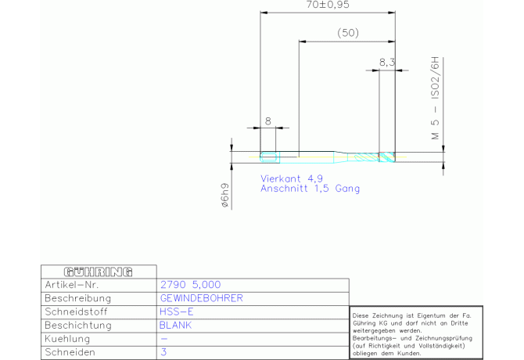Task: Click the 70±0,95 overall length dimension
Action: [x=328, y=5]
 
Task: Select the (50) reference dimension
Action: [x=348, y=33]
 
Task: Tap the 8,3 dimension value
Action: [x=387, y=62]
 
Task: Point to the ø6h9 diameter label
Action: [x=225, y=195]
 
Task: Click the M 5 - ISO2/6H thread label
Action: [x=435, y=98]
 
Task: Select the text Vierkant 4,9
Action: [x=292, y=178]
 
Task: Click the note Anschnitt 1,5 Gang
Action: [x=310, y=189]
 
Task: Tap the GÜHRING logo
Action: [x=99, y=272]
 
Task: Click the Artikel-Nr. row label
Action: [x=72, y=285]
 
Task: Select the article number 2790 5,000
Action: [x=191, y=285]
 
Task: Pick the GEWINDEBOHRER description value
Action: [x=202, y=298]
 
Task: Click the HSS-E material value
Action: [x=177, y=311]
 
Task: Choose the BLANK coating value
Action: [x=175, y=326]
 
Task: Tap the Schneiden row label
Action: [x=70, y=352]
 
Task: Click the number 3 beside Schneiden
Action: [x=163, y=352]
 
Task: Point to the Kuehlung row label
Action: [x=67, y=339]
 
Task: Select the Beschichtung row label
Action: [x=78, y=326]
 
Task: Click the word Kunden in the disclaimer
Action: [x=409, y=353]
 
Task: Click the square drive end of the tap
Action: [x=269, y=157]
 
